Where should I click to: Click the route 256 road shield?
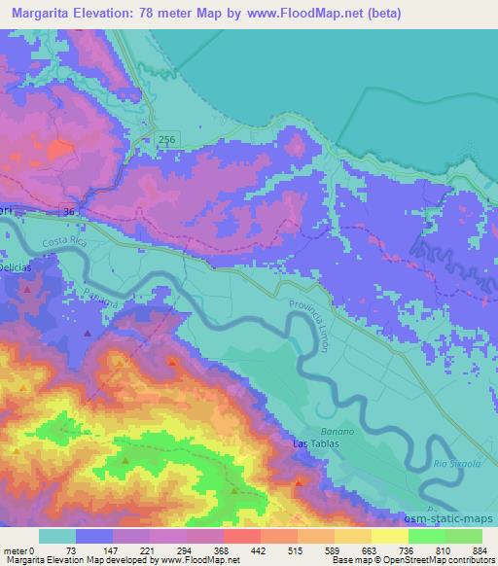click(x=168, y=141)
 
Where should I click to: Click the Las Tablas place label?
click(x=314, y=444)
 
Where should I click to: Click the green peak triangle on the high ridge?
click(x=126, y=461)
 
